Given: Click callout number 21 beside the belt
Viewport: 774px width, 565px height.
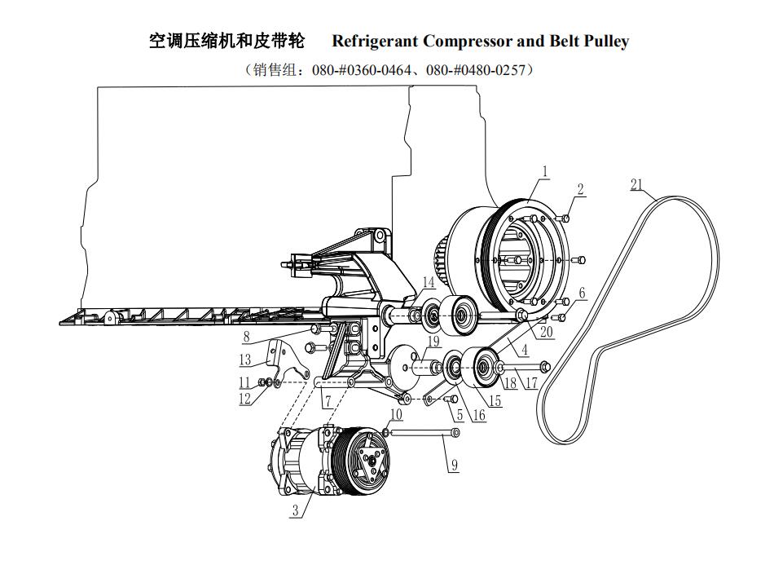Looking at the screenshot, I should point(636,185).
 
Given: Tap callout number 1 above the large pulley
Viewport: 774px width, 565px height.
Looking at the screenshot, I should point(543,172).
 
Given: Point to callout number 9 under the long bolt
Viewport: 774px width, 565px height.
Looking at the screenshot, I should point(454,465).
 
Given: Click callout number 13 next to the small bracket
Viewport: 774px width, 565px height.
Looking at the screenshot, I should point(245,360).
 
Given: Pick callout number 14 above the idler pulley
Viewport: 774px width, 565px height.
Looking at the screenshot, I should point(429,282).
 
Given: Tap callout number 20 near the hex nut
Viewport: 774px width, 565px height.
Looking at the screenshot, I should point(546,333).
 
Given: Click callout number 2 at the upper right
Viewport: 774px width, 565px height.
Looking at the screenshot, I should point(580,189).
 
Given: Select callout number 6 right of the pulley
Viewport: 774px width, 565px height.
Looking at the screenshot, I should point(582,293).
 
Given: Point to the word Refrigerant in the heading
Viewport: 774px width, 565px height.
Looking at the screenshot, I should point(376,42).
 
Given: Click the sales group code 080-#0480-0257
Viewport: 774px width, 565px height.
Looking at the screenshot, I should point(475,71).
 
